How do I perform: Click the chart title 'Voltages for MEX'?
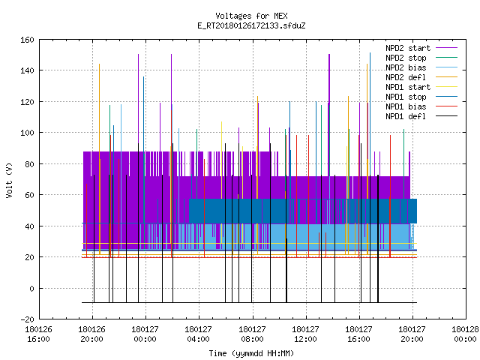[251, 16]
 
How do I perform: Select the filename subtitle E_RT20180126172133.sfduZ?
[251, 25]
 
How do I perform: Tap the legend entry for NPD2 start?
[408, 48]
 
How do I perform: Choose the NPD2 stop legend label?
[406, 58]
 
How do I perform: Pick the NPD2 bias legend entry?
[406, 67]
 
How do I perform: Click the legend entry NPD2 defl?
[406, 77]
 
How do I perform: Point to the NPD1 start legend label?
[408, 87]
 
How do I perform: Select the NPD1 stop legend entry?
[406, 97]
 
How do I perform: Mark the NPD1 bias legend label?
[406, 106]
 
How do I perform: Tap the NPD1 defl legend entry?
[406, 116]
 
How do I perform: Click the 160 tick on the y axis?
[27, 40]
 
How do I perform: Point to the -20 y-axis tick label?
[27, 319]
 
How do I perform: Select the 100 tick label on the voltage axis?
[27, 133]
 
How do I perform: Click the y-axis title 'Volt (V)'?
[9, 180]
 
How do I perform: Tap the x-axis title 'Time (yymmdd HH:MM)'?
[251, 353]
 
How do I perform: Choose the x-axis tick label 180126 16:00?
[38, 334]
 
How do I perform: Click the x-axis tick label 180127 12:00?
[305, 334]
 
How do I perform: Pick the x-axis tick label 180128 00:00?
[465, 334]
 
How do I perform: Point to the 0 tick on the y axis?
[31, 289]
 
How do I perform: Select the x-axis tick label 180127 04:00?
[198, 334]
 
